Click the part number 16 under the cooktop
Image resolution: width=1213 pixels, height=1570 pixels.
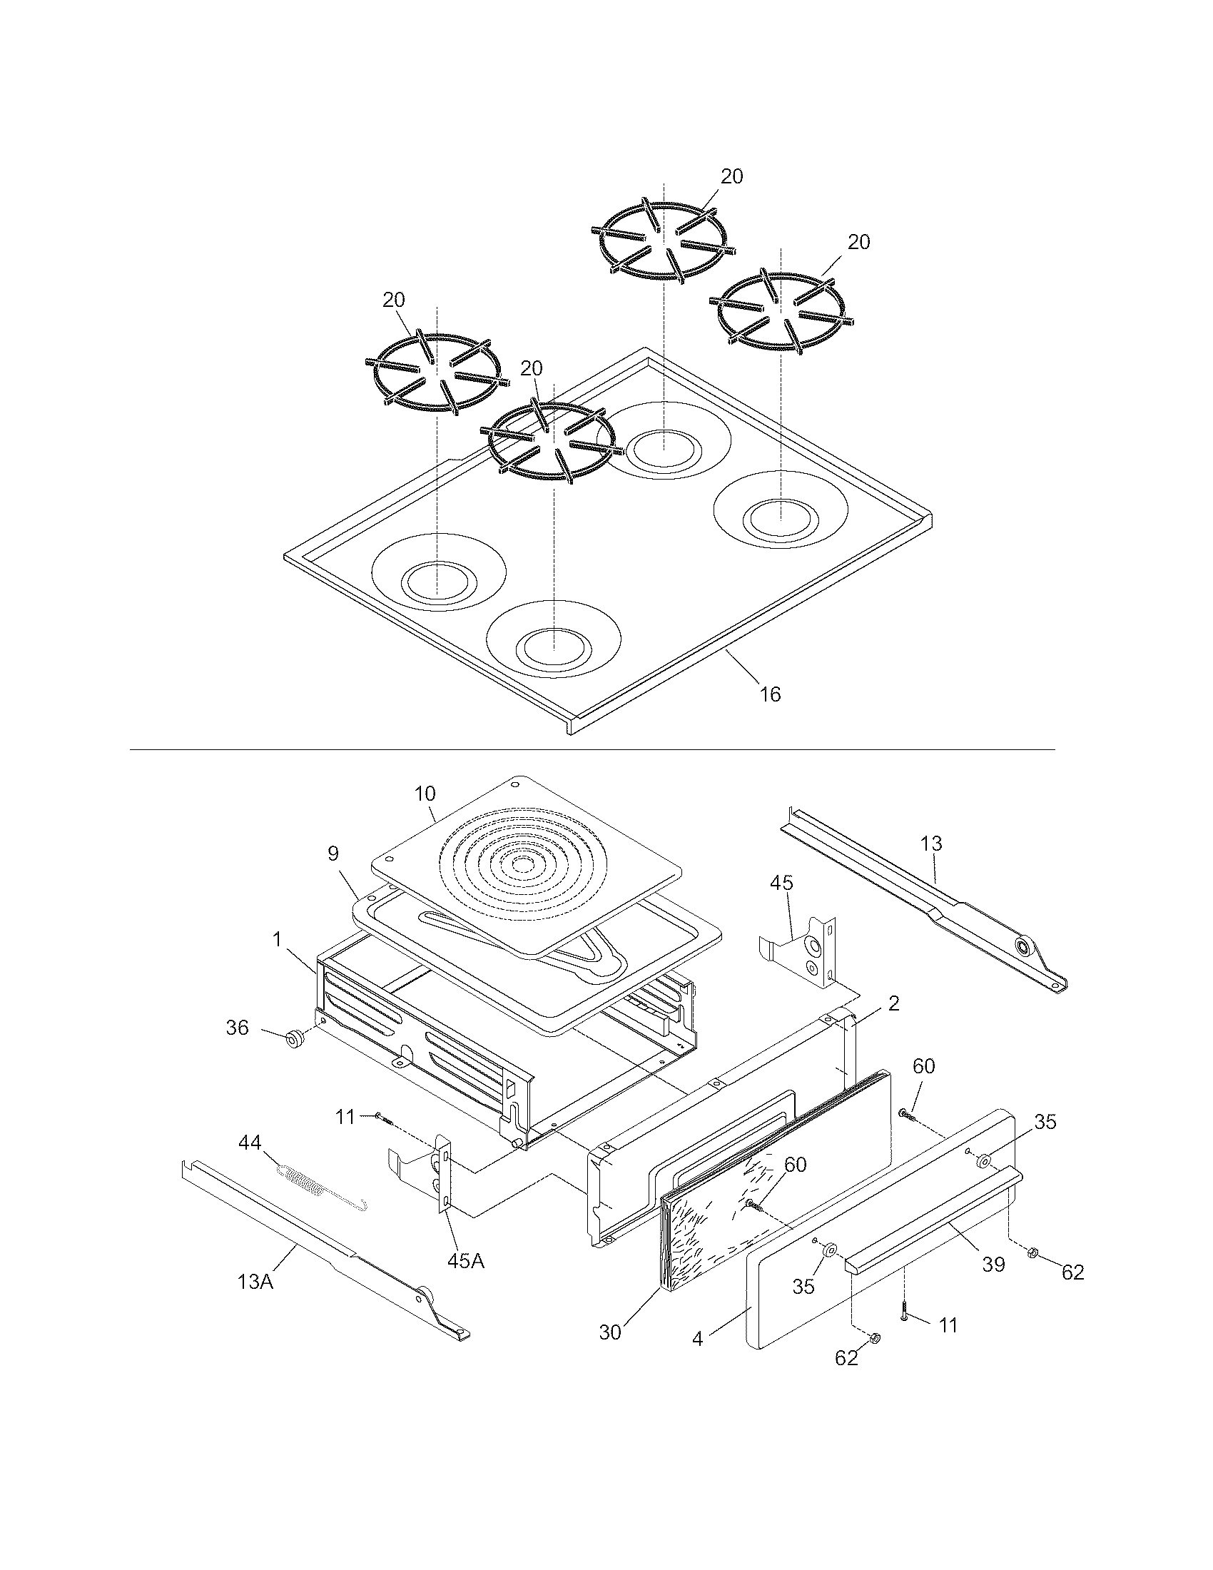(x=770, y=694)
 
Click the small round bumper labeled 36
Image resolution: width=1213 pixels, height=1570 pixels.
(x=293, y=1040)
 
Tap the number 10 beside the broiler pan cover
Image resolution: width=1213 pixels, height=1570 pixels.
(x=425, y=794)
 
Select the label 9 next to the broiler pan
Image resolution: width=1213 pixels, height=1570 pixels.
(x=333, y=854)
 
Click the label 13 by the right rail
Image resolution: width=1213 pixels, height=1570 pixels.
(x=931, y=844)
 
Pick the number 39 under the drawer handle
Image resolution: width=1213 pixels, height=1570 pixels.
(x=994, y=1265)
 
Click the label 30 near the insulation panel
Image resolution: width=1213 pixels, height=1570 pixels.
(x=610, y=1332)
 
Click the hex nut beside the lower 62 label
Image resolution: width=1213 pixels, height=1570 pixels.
(x=876, y=1338)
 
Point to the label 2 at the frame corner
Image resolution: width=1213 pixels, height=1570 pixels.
(x=893, y=1003)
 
